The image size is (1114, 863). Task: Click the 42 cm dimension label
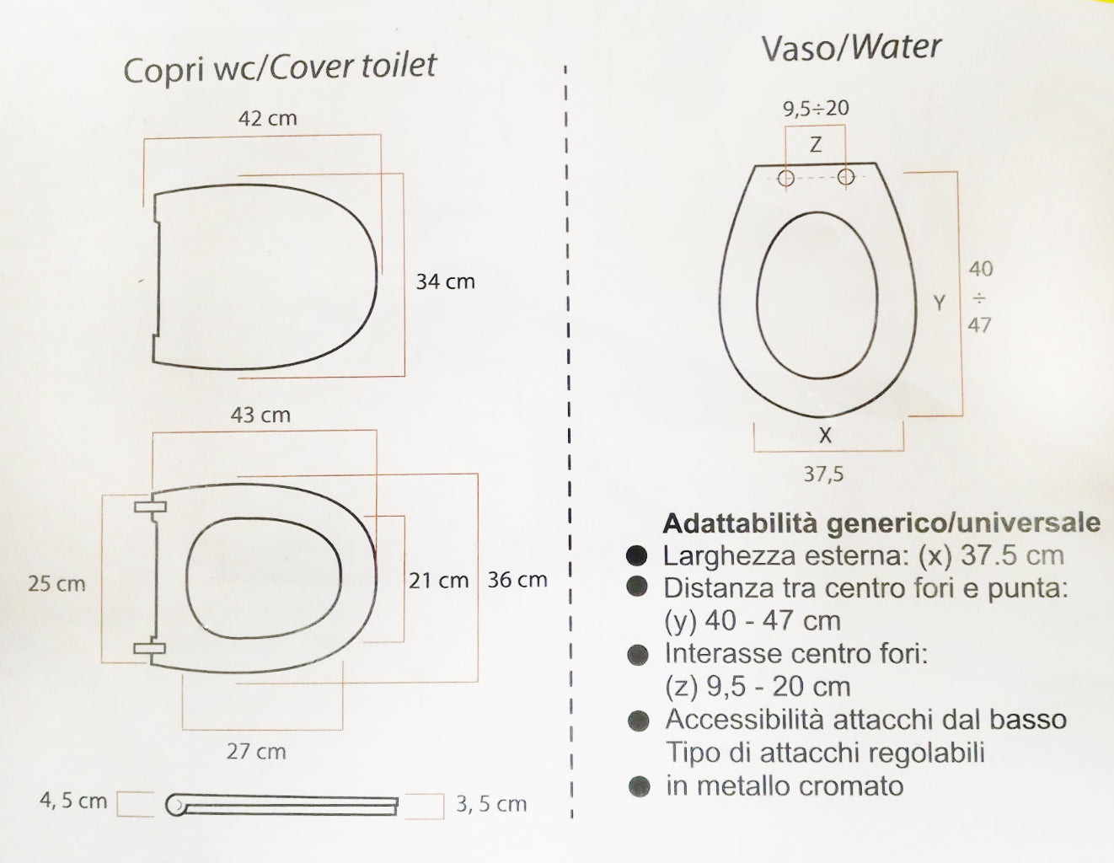tap(267, 118)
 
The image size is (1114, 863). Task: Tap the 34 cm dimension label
tap(445, 281)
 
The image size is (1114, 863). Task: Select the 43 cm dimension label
tap(260, 415)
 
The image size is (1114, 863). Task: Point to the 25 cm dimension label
tap(56, 583)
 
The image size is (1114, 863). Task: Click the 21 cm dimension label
tap(438, 580)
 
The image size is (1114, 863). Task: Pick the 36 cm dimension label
tap(517, 580)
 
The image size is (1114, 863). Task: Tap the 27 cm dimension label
tap(256, 751)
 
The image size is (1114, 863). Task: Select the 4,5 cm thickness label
tap(73, 800)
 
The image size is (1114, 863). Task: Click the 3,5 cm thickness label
tap(491, 804)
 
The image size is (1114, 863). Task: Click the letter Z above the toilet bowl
tap(815, 145)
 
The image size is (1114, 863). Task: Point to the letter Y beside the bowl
tap(940, 303)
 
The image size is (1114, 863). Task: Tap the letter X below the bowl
tap(825, 436)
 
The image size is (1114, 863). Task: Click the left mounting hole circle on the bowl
tap(786, 178)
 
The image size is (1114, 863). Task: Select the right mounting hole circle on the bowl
tap(846, 177)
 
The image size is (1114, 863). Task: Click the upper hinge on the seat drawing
tap(149, 507)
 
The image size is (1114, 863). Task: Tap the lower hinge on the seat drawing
tap(149, 648)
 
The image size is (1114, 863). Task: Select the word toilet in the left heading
tap(399, 66)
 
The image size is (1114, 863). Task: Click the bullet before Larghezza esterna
tap(638, 555)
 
